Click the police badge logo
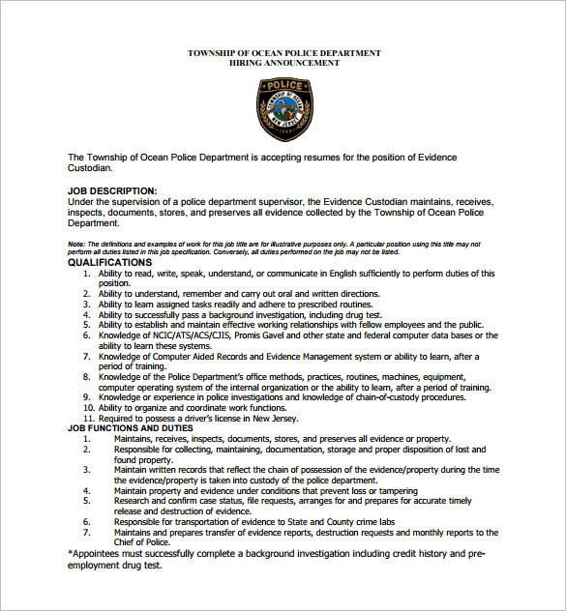pyautogui.click(x=283, y=107)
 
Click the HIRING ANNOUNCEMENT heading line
pyautogui.click(x=283, y=63)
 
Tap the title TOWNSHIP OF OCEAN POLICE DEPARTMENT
pyautogui.click(x=283, y=52)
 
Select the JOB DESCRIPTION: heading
pyautogui.click(x=112, y=191)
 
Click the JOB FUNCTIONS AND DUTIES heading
pyautogui.click(x=130, y=428)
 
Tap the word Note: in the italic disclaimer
pyautogui.click(x=76, y=246)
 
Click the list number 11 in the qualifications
pyautogui.click(x=89, y=419)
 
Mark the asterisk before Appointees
pyautogui.click(x=70, y=553)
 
